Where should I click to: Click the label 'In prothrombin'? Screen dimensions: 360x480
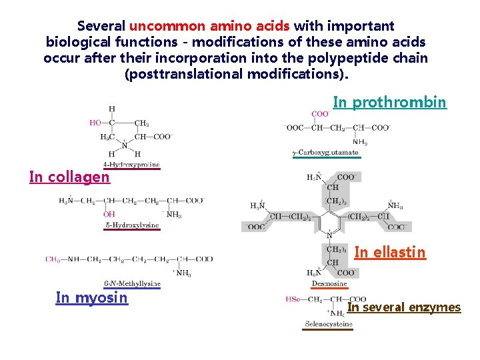point(389,102)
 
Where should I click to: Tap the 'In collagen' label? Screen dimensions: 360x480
point(69,177)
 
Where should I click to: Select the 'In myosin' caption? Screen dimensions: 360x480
point(91,297)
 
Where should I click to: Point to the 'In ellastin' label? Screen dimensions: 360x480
point(389,252)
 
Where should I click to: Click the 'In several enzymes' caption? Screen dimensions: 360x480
point(404,307)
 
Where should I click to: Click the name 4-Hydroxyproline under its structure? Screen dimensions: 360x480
point(131,164)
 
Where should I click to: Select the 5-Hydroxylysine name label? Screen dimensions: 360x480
point(132,225)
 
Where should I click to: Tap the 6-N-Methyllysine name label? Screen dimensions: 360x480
point(132,283)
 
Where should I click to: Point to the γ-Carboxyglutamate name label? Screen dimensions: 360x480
point(326,153)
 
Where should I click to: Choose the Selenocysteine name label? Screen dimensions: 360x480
point(329,324)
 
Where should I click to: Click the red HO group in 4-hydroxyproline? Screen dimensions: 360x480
point(95,123)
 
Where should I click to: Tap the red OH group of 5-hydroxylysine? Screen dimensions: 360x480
point(109,214)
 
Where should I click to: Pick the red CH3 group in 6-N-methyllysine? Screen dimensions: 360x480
point(53,259)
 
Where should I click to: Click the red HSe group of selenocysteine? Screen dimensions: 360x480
point(293,299)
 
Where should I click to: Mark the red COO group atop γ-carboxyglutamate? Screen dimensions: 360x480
point(320,114)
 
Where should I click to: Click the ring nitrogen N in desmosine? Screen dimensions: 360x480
point(329,235)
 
